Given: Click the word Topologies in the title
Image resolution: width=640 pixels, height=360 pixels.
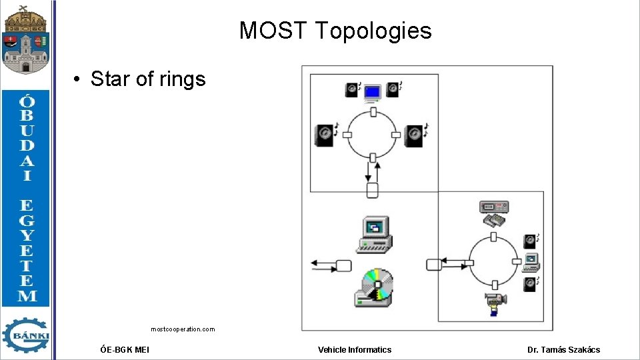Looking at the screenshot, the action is coord(373,31).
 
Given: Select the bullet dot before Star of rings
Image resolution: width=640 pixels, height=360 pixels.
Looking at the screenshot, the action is coord(78,80).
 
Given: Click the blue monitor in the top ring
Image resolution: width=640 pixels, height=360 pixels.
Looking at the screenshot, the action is coord(372,93).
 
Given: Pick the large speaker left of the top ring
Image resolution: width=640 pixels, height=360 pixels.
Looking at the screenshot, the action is coord(325,135).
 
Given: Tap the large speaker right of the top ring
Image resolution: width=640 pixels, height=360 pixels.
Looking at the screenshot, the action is coord(415,135).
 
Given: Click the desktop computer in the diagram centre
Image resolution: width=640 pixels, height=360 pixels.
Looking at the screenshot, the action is coord(373,235).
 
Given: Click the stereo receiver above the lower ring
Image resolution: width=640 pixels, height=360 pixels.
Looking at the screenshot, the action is coord(494,207).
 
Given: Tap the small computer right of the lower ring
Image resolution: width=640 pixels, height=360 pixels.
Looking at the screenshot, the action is coord(531,262).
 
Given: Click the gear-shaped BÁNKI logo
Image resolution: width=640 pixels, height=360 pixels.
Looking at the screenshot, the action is coord(26,335).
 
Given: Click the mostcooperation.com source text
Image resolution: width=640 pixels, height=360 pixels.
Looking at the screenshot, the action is coord(183,329).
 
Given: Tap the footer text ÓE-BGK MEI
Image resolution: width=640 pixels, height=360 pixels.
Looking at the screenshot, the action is coord(124,349).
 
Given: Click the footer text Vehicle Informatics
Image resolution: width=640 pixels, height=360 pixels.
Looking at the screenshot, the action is coord(355,349).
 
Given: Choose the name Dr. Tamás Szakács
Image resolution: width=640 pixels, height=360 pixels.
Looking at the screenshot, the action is coord(563,349).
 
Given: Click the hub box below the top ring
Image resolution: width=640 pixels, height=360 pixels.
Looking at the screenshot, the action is coord(373,191).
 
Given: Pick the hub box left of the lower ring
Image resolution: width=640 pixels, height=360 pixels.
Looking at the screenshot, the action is coord(433,264).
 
